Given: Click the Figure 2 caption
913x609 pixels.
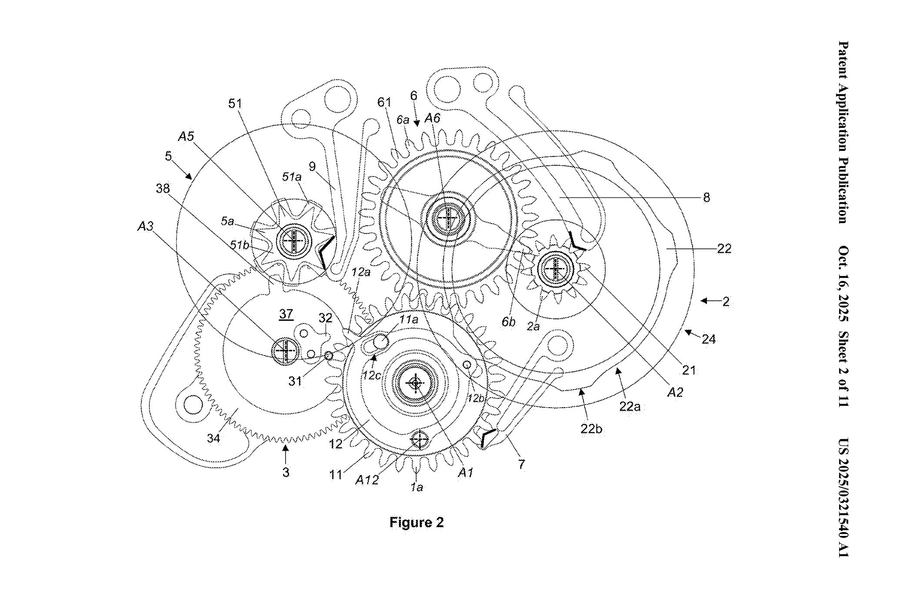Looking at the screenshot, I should (x=416, y=522).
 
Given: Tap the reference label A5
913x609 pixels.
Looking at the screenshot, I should (x=186, y=137).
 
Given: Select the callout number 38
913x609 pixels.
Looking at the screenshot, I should (x=163, y=188).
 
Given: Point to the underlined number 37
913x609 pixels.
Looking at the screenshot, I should (x=286, y=314).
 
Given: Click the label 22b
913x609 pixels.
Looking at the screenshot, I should (x=591, y=429).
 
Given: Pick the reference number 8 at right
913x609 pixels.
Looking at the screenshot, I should (x=706, y=197).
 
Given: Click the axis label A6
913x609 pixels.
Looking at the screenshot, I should (x=432, y=118).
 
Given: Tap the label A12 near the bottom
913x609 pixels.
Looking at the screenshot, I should (x=367, y=480).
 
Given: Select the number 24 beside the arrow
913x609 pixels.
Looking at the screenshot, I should (x=708, y=339).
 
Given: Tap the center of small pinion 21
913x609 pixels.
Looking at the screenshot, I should (x=556, y=269).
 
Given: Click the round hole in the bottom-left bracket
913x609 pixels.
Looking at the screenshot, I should (x=193, y=405).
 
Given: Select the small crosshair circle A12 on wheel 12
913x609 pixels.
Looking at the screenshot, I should (x=420, y=440).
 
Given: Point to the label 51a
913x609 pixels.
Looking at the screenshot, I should (x=292, y=177).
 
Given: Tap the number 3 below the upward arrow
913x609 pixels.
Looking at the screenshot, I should (x=286, y=472).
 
